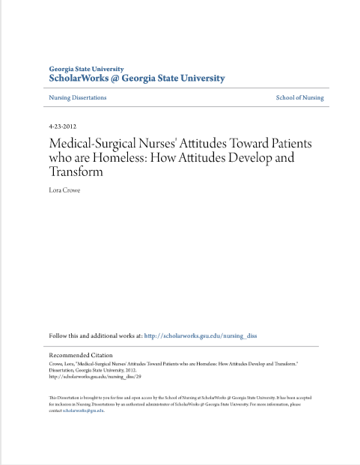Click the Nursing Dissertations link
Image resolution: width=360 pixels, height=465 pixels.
point(78,98)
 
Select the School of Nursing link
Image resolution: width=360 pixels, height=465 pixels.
point(299,98)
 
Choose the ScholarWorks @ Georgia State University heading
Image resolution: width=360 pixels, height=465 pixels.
point(136,78)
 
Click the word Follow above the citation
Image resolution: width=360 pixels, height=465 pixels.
point(59,336)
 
